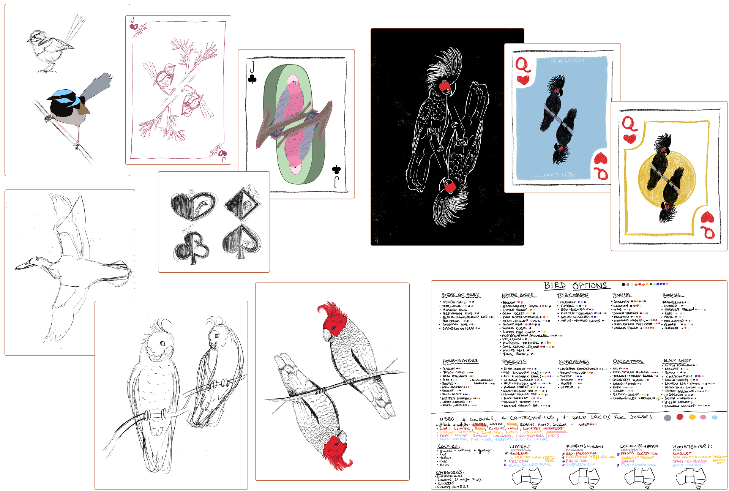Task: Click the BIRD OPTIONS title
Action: pyautogui.click(x=575, y=286)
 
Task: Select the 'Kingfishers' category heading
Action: pyautogui.click(x=574, y=362)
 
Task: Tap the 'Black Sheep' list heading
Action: pyautogui.click(x=677, y=360)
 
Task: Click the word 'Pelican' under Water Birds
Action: pyautogui.click(x=511, y=339)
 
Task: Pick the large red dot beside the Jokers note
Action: pyautogui.click(x=680, y=417)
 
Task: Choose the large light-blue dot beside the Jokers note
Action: pyautogui.click(x=715, y=417)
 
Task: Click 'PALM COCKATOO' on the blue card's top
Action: pyautogui.click(x=568, y=61)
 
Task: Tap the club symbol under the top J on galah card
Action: pyautogui.click(x=252, y=79)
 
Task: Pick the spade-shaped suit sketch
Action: pyautogui.click(x=242, y=239)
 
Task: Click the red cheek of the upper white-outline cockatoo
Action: pyautogui.click(x=445, y=87)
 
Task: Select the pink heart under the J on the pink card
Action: pyautogui.click(x=134, y=27)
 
